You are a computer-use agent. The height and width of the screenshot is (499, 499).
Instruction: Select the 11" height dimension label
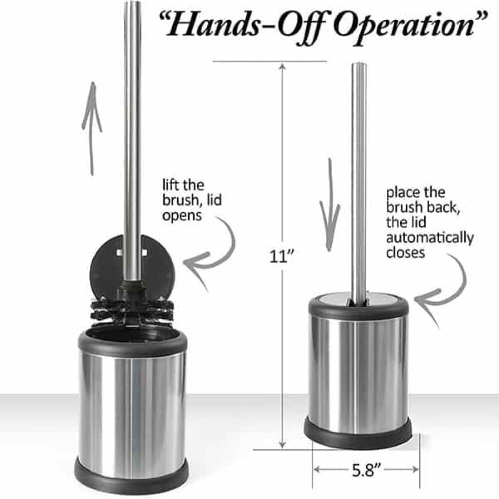click(281, 256)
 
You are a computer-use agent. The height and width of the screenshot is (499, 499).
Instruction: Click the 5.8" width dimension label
click(366, 470)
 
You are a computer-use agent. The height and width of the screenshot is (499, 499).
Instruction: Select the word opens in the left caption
click(182, 216)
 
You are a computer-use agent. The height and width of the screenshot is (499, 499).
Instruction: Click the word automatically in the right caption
click(430, 238)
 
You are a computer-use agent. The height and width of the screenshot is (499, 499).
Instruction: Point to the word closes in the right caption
click(405, 252)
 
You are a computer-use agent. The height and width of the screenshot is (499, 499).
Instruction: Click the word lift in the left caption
click(170, 185)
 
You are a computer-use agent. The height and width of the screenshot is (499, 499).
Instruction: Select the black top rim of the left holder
click(132, 342)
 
